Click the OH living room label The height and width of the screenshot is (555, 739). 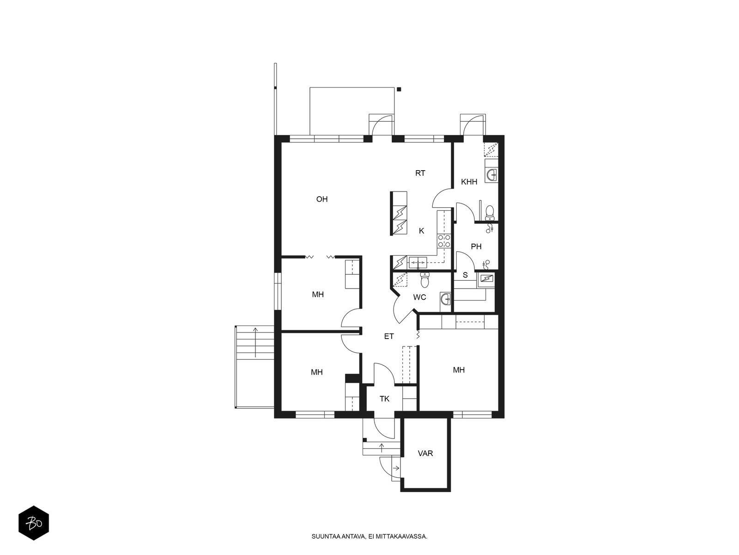(x=321, y=199)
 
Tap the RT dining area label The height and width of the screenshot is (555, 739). (x=420, y=173)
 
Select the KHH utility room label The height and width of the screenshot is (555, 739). (x=469, y=182)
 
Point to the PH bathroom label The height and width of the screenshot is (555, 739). (x=476, y=247)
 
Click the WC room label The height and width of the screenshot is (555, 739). (x=419, y=297)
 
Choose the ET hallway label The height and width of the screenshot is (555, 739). (x=389, y=336)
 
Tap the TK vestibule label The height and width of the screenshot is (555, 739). (x=384, y=399)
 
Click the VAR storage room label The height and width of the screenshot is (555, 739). (x=425, y=454)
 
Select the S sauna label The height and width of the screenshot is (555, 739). (x=465, y=275)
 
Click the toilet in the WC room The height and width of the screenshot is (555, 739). (x=425, y=280)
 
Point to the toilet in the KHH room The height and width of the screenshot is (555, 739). (x=490, y=213)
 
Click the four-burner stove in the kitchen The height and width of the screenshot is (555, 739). (x=444, y=241)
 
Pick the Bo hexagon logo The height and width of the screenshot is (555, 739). (x=34, y=523)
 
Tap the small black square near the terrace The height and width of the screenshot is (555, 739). (x=399, y=89)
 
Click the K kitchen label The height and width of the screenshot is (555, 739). (x=421, y=231)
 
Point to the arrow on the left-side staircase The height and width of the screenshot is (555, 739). (x=255, y=342)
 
